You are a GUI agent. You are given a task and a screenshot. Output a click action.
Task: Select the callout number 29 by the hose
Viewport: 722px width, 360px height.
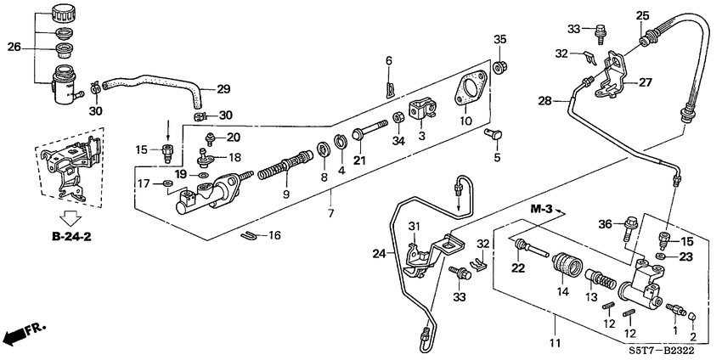223,89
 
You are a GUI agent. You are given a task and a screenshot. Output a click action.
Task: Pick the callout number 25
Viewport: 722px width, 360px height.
643,15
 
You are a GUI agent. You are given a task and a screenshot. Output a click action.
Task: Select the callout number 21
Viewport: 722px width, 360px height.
359,161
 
